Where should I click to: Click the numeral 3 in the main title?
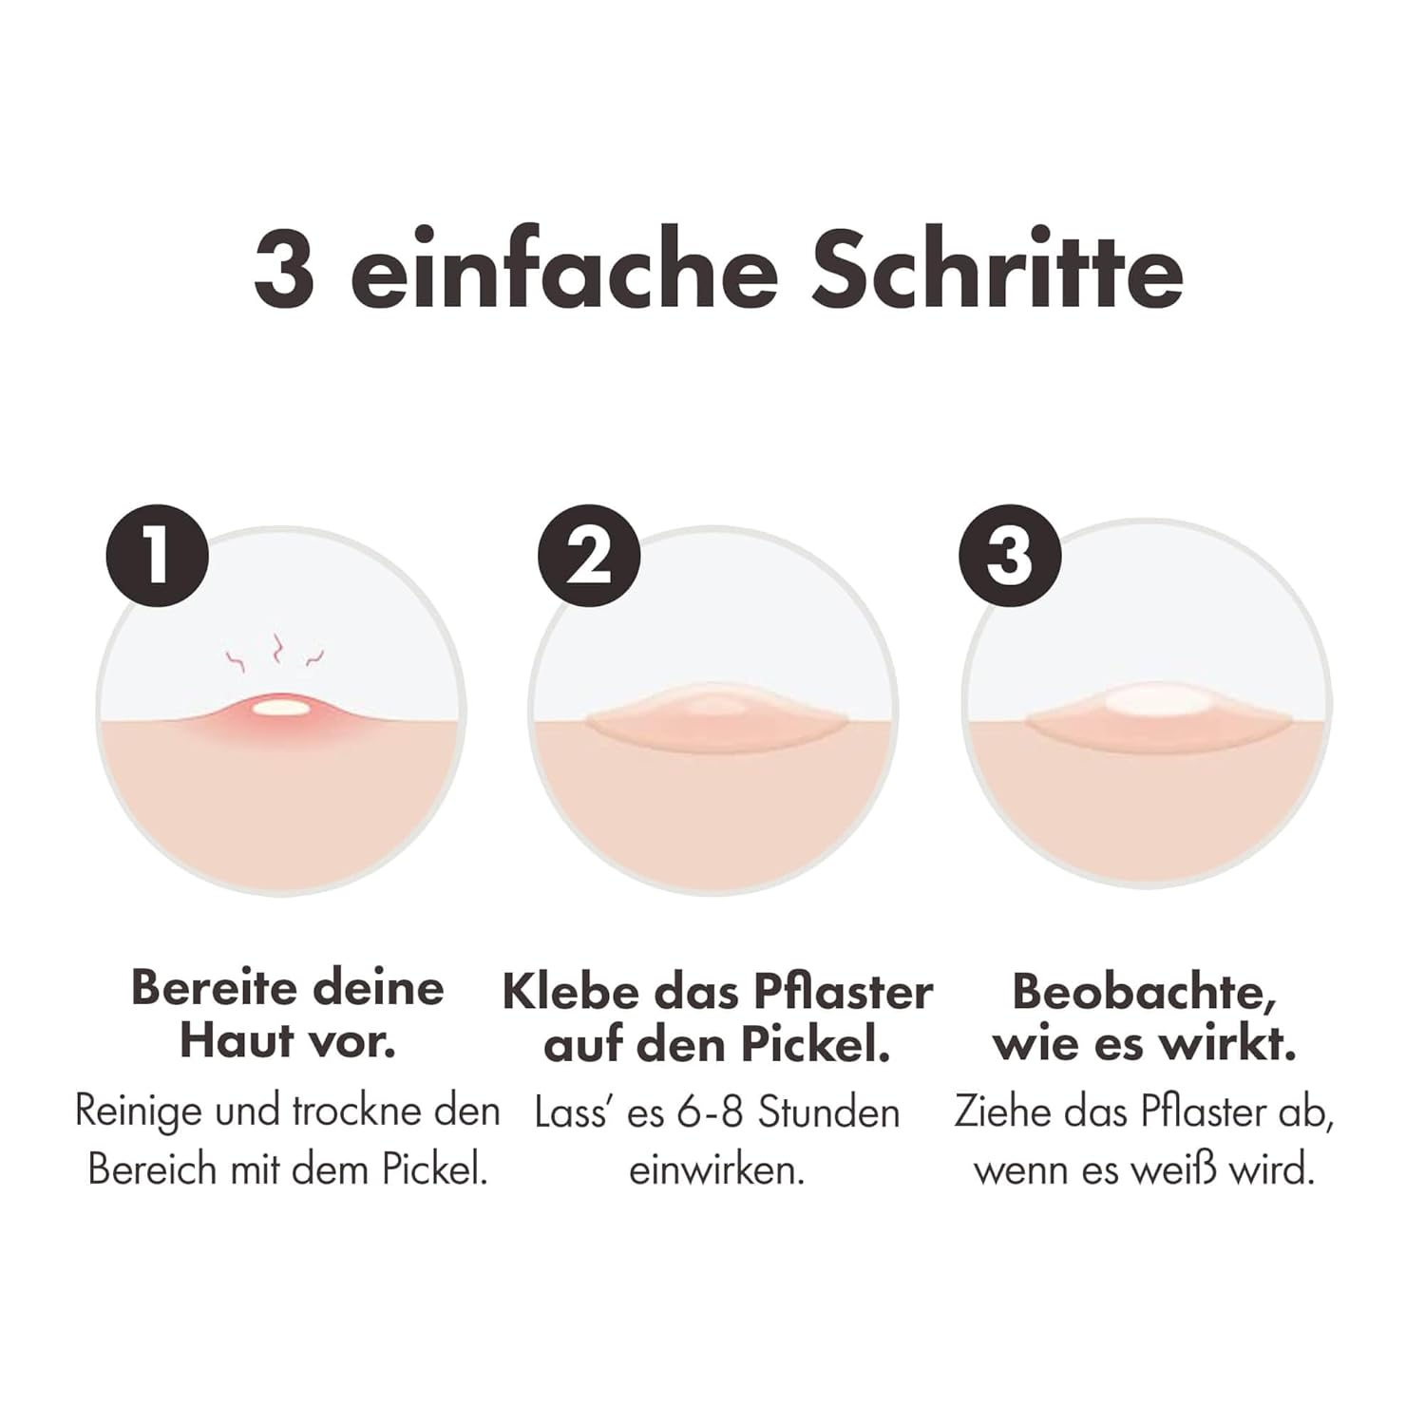click(284, 269)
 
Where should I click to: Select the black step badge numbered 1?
click(157, 556)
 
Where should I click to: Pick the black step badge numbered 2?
click(589, 556)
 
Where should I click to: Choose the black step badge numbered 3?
click(1010, 556)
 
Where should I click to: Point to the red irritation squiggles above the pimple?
click(275, 653)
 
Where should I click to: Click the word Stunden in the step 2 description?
click(828, 1112)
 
